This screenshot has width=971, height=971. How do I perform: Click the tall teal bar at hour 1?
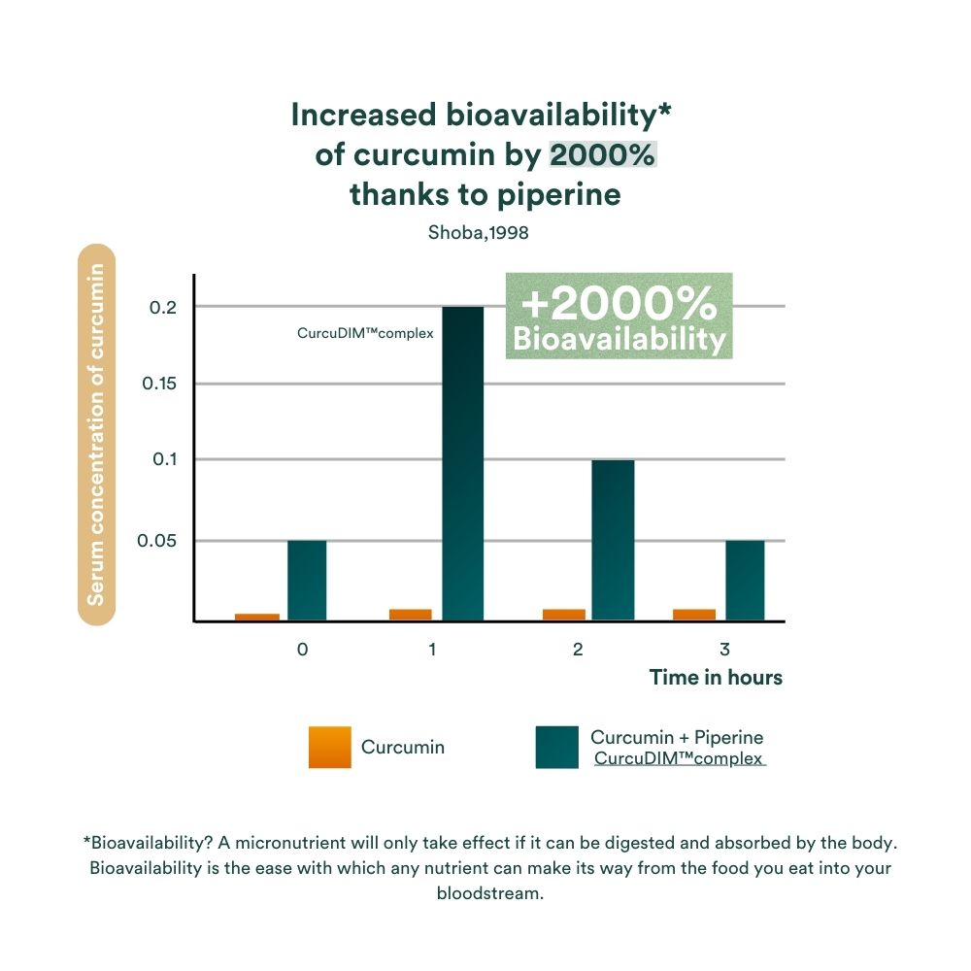[462, 463]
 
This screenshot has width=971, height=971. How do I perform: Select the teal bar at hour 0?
[307, 580]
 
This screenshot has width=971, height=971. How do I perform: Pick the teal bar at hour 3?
[745, 580]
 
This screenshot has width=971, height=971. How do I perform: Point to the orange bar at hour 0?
[257, 617]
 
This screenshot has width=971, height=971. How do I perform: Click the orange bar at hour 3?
[694, 614]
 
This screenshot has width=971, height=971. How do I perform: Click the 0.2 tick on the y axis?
[162, 308]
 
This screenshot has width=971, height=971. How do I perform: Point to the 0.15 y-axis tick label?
[159, 384]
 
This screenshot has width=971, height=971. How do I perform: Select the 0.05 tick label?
[159, 541]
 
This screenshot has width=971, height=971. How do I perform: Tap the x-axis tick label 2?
[578, 650]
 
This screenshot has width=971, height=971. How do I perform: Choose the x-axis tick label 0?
[303, 650]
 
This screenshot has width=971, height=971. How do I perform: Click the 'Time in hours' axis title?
[716, 678]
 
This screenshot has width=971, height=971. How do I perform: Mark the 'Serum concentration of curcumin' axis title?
[96, 434]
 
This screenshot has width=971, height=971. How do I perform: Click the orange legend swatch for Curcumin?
[329, 747]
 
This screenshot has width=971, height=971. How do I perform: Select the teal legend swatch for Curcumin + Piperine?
[556, 747]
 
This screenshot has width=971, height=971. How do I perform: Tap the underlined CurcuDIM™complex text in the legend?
[679, 758]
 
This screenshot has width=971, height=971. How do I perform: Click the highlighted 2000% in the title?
[603, 155]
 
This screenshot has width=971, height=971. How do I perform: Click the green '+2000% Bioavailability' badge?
[619, 317]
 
